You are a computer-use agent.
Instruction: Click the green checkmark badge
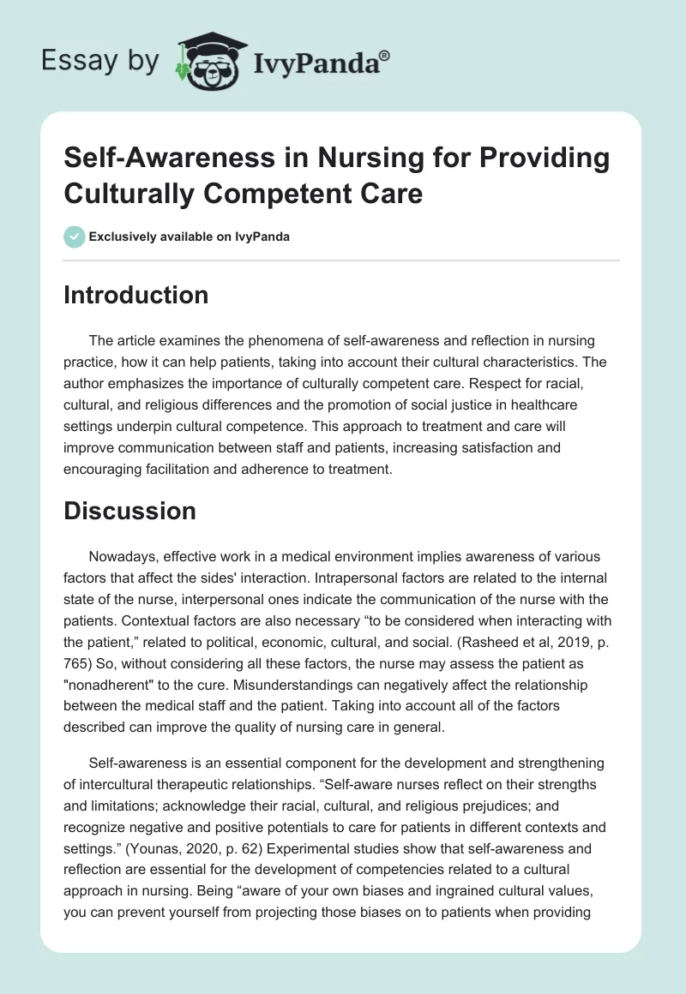[75, 237]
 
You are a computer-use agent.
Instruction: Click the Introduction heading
[135, 295]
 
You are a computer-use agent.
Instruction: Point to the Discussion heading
[129, 511]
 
